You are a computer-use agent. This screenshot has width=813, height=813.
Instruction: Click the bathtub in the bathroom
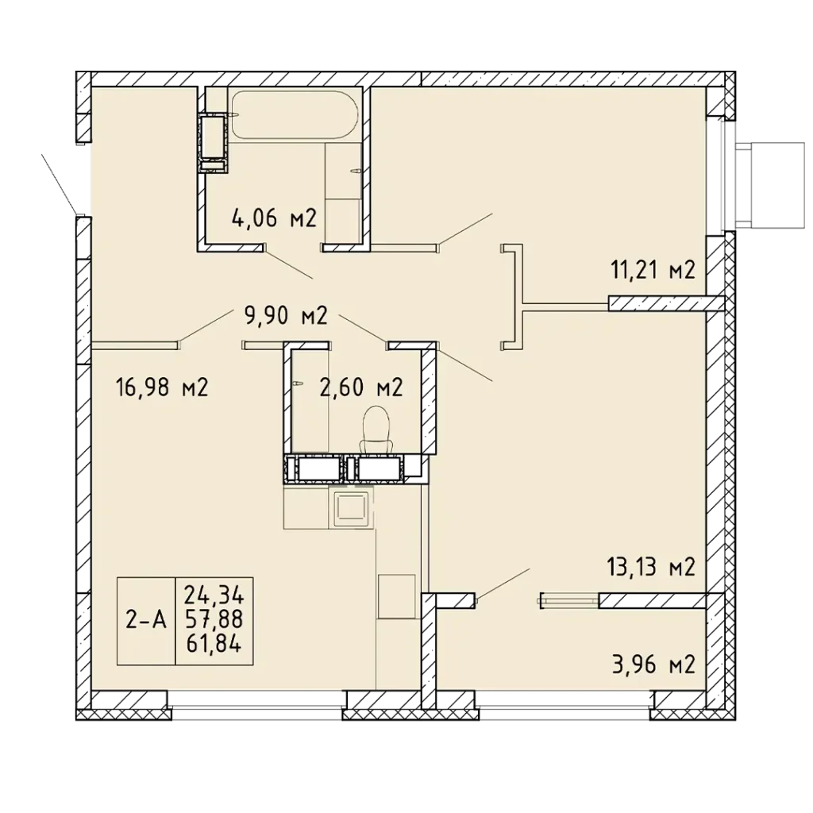(x=294, y=114)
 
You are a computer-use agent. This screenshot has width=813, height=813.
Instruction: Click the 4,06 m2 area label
(x=274, y=219)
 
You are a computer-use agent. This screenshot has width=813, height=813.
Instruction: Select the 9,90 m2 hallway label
(x=286, y=315)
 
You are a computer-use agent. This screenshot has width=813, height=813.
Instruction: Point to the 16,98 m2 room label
(x=162, y=387)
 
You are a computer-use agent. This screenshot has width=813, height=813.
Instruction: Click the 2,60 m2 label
(x=361, y=387)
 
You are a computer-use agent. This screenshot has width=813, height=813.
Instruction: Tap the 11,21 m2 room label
(x=653, y=271)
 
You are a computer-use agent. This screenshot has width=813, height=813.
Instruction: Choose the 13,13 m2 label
(x=651, y=568)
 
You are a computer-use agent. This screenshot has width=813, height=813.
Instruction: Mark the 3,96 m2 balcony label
(x=653, y=665)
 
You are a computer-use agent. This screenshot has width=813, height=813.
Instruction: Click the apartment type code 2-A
(x=146, y=620)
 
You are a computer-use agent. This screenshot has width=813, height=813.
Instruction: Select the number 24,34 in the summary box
(x=214, y=595)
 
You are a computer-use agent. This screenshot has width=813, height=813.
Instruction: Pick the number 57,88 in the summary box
(x=214, y=619)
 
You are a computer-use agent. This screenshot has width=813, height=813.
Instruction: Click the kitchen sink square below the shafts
(x=352, y=507)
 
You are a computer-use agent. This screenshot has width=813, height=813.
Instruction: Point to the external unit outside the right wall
(x=770, y=185)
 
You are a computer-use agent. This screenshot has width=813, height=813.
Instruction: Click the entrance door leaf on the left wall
(x=61, y=184)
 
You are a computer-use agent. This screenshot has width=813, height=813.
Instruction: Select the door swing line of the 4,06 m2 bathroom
(x=288, y=264)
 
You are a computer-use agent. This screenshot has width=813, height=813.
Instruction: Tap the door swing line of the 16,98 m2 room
(x=206, y=325)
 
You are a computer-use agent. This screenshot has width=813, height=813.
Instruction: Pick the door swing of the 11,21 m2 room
(x=464, y=229)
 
